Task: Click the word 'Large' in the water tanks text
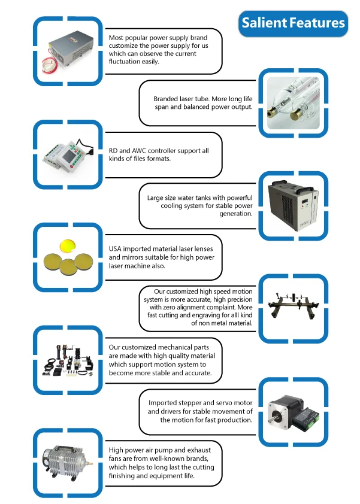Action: [157, 197]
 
